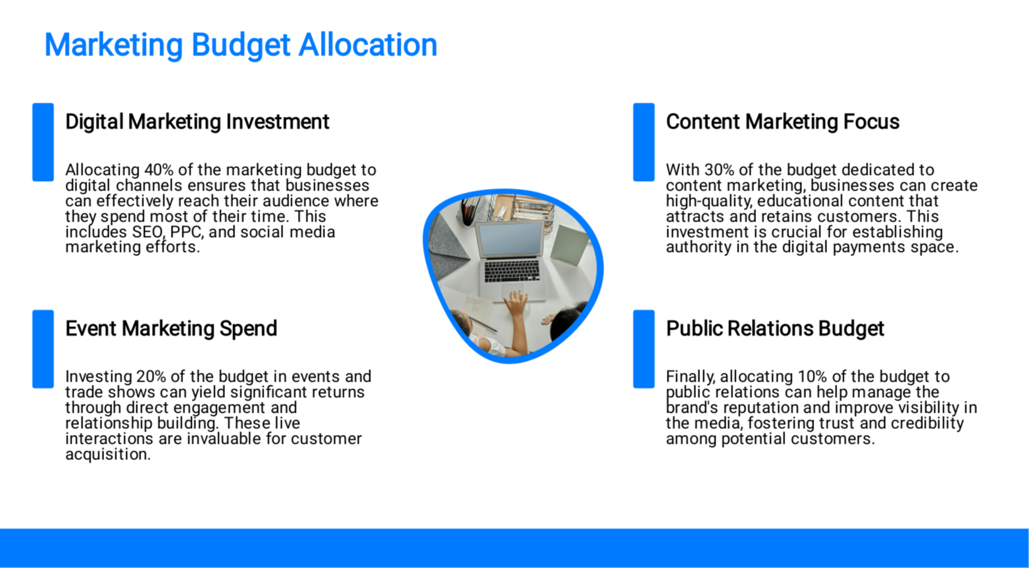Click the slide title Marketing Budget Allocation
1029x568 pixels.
(x=241, y=45)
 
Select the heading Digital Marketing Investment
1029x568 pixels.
(x=197, y=122)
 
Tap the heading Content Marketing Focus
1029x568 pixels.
(x=782, y=122)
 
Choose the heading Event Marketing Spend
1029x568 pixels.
(x=171, y=329)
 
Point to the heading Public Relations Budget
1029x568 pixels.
(x=775, y=329)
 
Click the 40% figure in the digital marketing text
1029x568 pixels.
(x=159, y=170)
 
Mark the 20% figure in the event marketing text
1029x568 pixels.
(x=151, y=376)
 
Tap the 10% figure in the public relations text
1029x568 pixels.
(x=813, y=376)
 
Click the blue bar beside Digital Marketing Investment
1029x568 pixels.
(x=43, y=142)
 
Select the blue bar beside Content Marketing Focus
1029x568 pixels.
(x=644, y=142)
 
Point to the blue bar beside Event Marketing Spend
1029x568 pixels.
(x=43, y=349)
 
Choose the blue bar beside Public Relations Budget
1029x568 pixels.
(x=644, y=349)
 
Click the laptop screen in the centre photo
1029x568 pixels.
(x=510, y=239)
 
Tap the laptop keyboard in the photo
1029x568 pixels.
(x=511, y=270)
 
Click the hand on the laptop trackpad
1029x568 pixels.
(x=517, y=304)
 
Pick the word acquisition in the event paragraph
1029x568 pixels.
(x=108, y=455)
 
